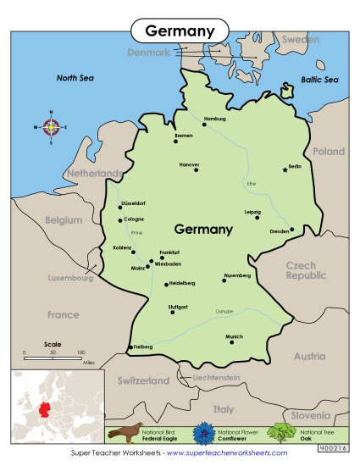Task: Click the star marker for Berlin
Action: tap(285, 170)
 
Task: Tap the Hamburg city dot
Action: tap(204, 125)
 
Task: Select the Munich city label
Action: tap(235, 336)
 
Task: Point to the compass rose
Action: tap(51, 128)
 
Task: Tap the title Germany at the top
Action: tap(180, 31)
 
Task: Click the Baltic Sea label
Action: tap(319, 80)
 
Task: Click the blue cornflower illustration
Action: tap(206, 432)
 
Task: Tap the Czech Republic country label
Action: tap(306, 270)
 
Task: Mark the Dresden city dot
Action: tap(291, 229)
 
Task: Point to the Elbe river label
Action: tap(250, 183)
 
